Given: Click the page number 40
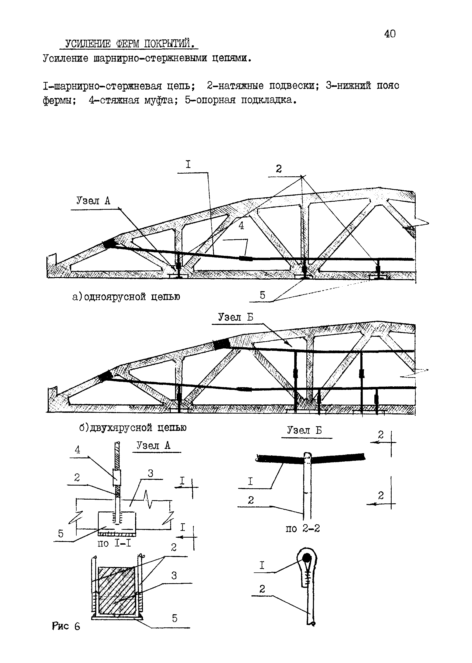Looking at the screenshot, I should [x=390, y=34].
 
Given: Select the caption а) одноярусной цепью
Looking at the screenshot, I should [x=126, y=297].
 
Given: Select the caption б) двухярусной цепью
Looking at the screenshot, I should [x=133, y=428].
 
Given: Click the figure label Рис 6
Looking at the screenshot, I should [x=66, y=626].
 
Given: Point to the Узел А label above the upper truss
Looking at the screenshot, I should [x=93, y=201].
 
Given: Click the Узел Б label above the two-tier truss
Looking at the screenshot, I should [x=236, y=317].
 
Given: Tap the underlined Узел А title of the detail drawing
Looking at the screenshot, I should [x=153, y=445].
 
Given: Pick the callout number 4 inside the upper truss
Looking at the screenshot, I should [x=241, y=226].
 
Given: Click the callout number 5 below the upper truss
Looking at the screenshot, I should [x=262, y=295].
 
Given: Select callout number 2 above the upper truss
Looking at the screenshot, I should [x=279, y=169].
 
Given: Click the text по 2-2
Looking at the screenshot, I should [x=303, y=528].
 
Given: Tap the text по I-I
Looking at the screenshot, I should [x=114, y=543].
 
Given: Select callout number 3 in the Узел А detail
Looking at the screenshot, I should [x=150, y=473].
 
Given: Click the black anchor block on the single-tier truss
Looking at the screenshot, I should [x=109, y=243].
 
